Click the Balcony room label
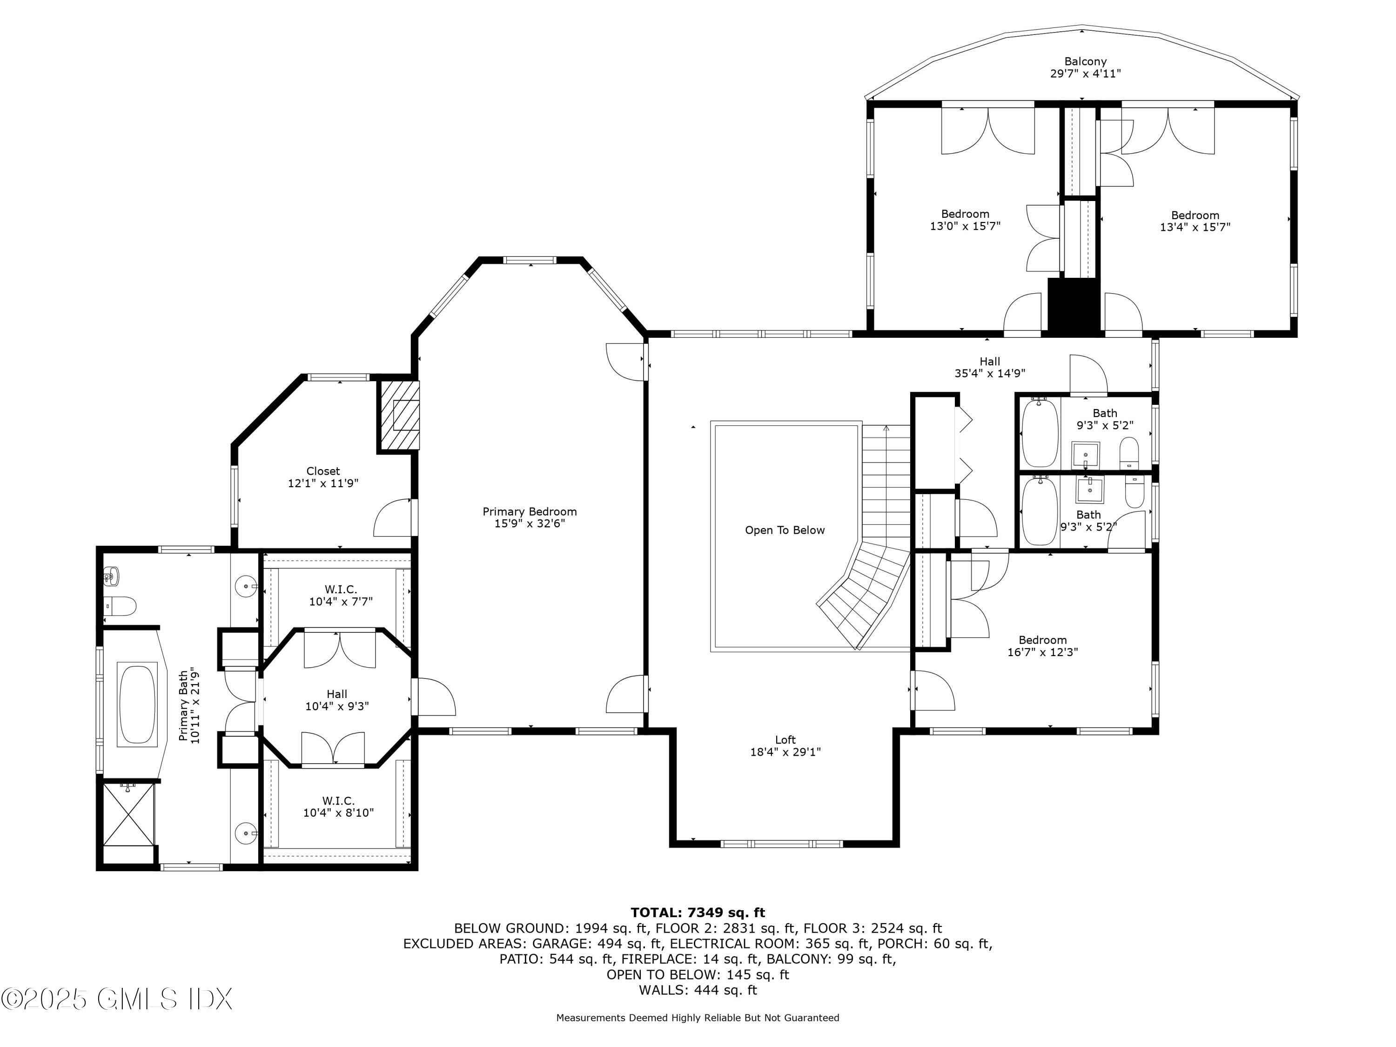click(1085, 62)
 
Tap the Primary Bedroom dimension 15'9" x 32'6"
click(530, 523)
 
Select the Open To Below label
click(785, 530)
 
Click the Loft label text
click(785, 740)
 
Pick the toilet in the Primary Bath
click(121, 606)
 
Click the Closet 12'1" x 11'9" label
click(323, 477)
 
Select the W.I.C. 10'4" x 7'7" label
click(340, 596)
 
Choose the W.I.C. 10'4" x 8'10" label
click(338, 806)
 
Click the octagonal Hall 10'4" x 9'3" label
click(337, 700)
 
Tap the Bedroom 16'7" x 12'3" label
click(1043, 645)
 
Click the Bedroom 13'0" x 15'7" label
click(965, 220)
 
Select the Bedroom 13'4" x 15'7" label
click(1195, 221)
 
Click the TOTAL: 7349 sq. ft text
click(698, 913)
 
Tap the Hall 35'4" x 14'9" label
click(990, 367)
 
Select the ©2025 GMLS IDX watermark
click(117, 999)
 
